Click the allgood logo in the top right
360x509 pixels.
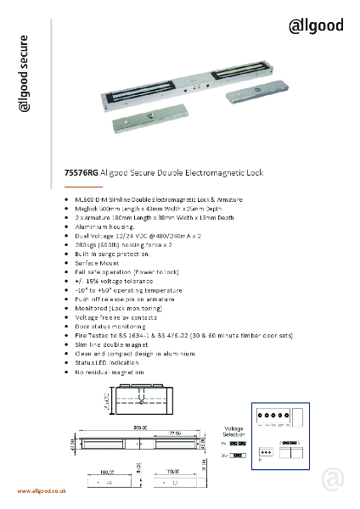(317, 26)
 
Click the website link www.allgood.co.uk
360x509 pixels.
(42, 491)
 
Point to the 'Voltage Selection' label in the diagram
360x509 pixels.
(234, 431)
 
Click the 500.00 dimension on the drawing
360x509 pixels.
(135, 427)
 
